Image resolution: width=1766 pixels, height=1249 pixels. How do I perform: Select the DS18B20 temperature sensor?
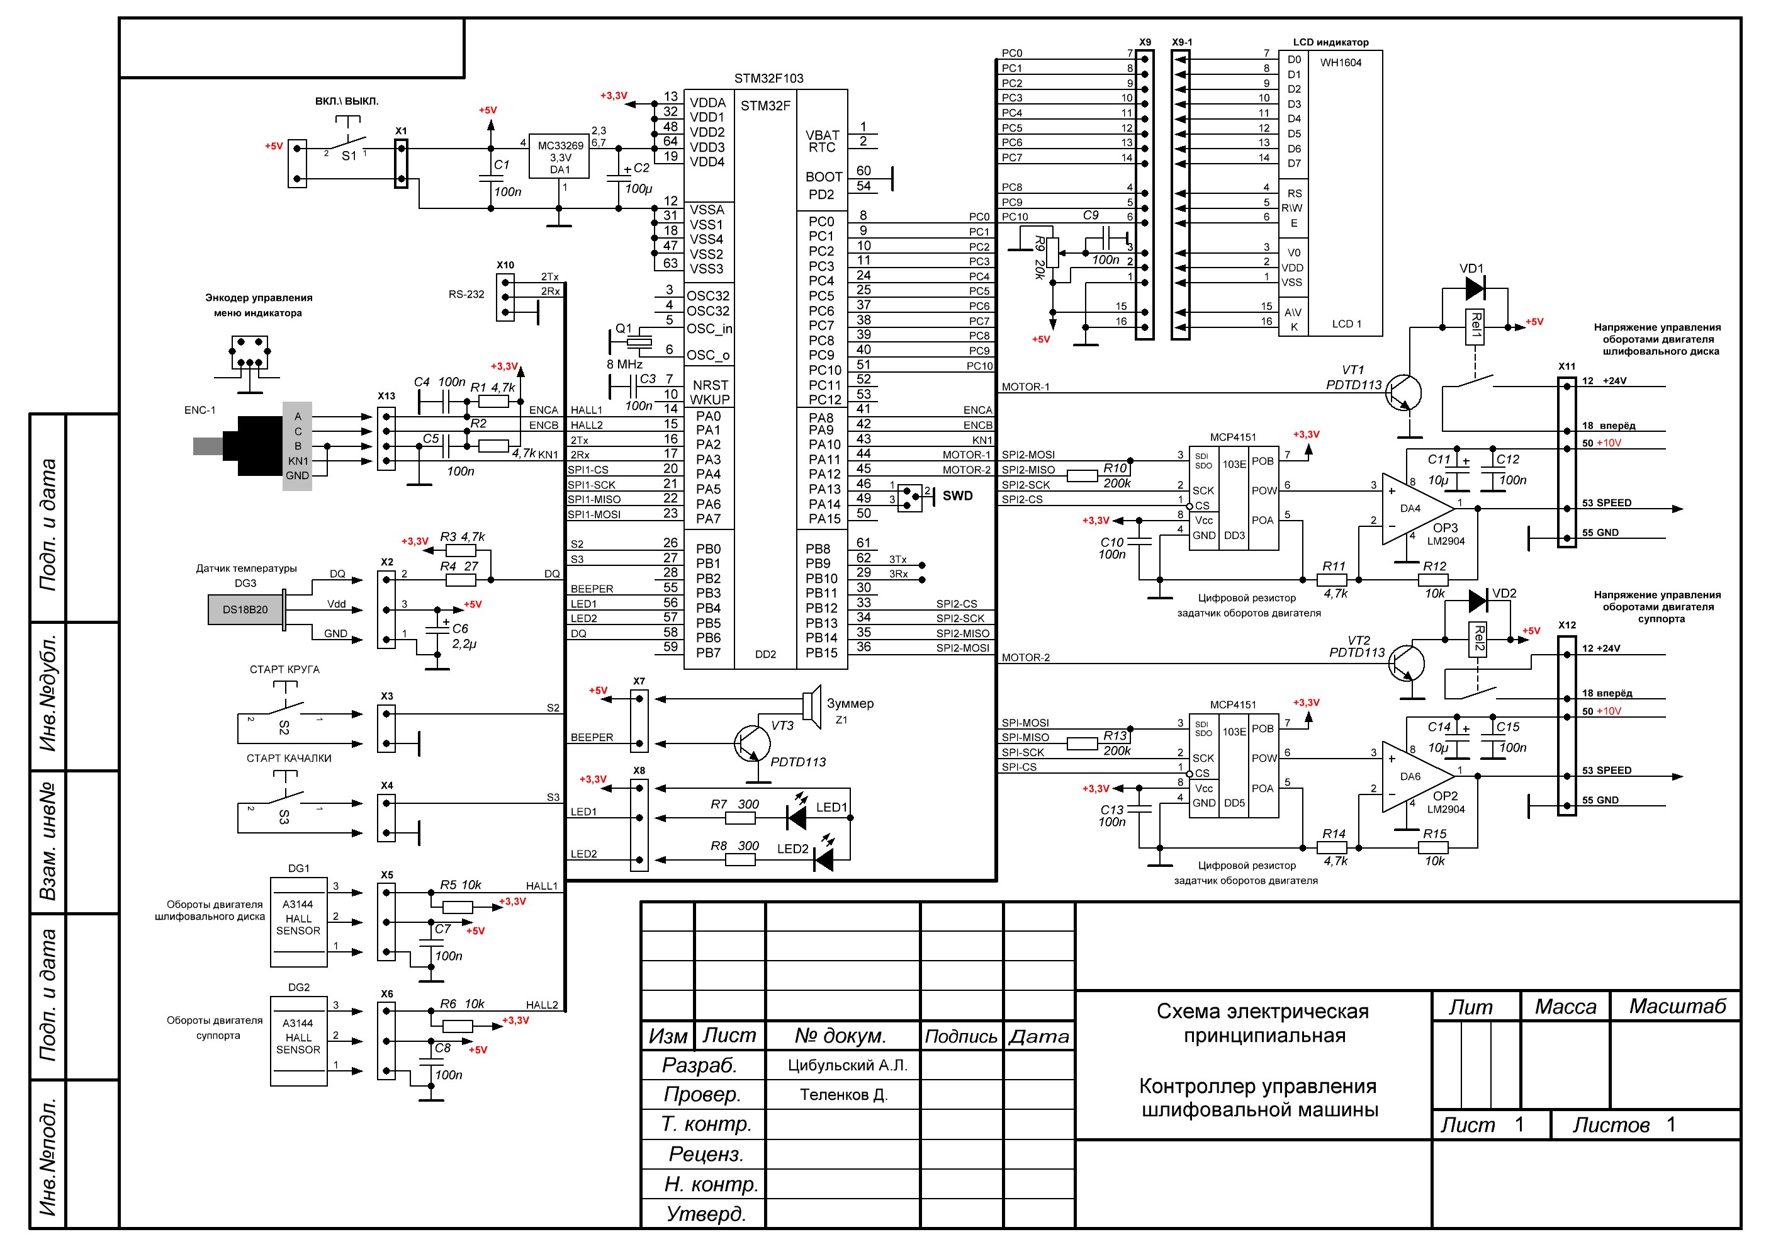[245, 609]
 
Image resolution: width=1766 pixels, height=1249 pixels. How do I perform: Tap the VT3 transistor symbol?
[752, 743]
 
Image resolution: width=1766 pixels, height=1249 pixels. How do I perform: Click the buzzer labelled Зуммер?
[811, 703]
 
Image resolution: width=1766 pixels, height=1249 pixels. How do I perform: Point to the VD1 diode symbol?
[1474, 288]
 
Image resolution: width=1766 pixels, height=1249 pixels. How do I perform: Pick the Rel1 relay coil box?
[1475, 325]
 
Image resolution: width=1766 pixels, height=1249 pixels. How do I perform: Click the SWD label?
[958, 495]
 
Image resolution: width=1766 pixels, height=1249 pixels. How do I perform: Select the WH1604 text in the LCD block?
[1341, 63]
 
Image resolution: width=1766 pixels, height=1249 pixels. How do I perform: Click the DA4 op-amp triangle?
[1412, 509]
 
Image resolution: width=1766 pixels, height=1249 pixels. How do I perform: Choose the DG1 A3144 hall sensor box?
[298, 921]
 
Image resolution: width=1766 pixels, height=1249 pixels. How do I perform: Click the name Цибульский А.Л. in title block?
[848, 1065]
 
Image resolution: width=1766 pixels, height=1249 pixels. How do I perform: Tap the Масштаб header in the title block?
[1677, 1006]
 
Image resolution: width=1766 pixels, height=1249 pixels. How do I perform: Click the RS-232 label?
[466, 294]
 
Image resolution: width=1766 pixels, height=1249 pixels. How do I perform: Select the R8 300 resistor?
[740, 859]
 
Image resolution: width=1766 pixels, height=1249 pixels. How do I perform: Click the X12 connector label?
[1566, 625]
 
